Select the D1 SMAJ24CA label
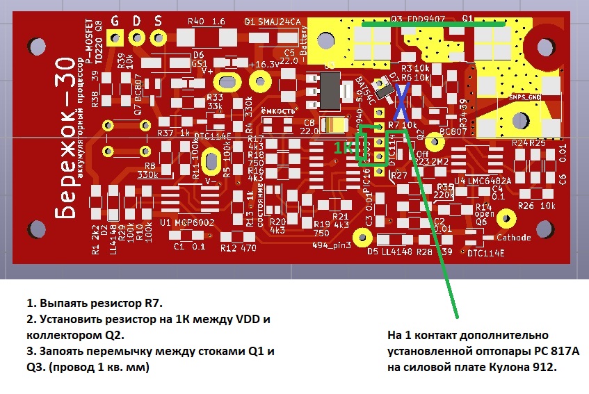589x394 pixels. click(x=273, y=22)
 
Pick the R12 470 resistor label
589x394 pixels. click(x=238, y=247)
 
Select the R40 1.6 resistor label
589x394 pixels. click(x=207, y=22)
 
